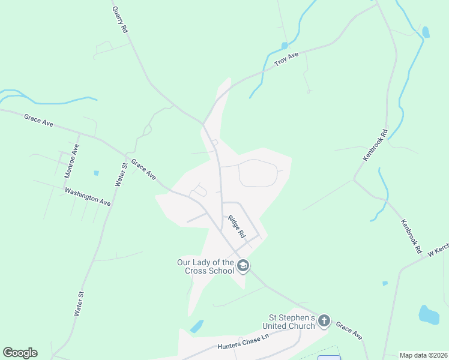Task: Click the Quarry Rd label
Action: (120, 19)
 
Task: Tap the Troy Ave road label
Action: (286, 59)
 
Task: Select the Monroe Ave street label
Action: (71, 160)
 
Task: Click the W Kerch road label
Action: (438, 250)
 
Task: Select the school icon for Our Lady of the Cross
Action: (243, 265)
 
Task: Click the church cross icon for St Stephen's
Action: (324, 320)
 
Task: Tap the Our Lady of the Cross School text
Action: (205, 266)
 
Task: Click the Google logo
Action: (20, 353)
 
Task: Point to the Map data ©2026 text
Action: (423, 355)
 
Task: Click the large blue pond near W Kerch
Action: (429, 314)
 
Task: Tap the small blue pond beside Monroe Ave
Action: (96, 173)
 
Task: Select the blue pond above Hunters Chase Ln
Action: (196, 326)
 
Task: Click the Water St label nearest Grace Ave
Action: (121, 173)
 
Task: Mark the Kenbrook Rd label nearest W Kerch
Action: (412, 235)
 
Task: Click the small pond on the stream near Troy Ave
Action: (284, 45)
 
